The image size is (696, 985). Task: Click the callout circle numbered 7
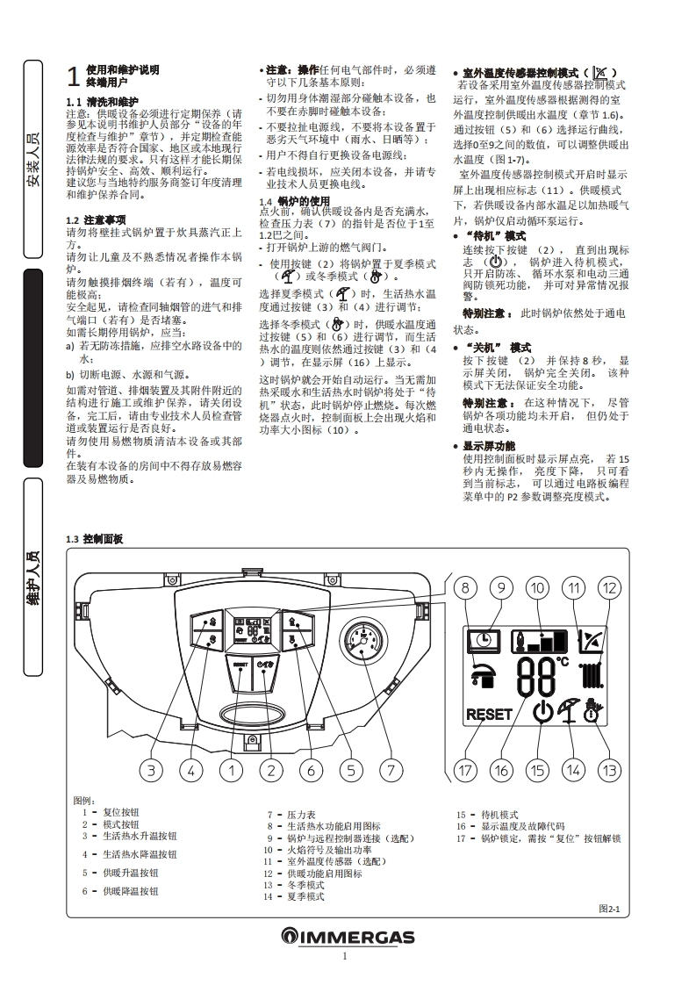click(x=390, y=771)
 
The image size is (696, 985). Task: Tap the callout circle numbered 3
click(x=151, y=771)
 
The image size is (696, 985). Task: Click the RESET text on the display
click(x=489, y=714)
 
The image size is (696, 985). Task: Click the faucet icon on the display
click(x=480, y=674)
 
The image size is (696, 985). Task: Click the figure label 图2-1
click(x=609, y=909)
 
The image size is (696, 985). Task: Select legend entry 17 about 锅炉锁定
click(x=537, y=838)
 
